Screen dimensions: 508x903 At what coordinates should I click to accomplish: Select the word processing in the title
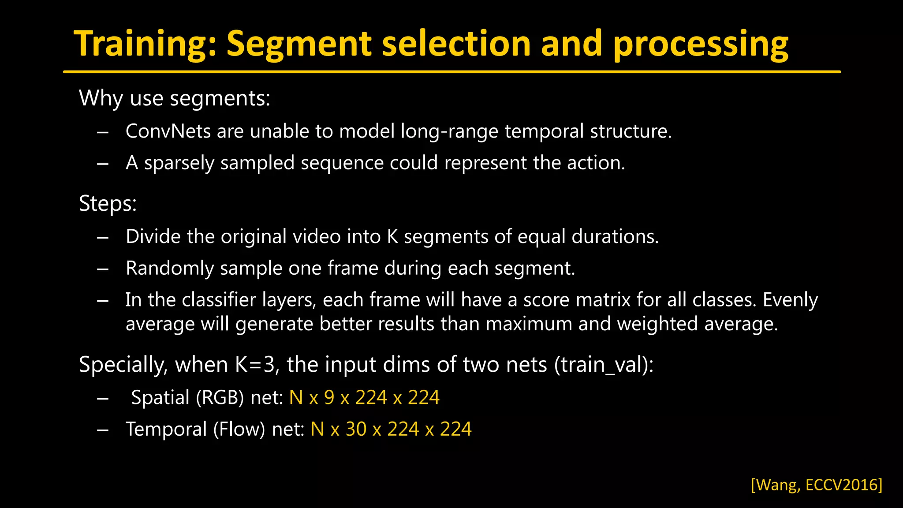click(x=701, y=44)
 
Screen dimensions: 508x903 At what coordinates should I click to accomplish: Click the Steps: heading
click(x=108, y=204)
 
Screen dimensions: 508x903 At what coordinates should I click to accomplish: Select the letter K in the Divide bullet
click(x=392, y=237)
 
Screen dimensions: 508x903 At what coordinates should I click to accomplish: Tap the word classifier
click(x=219, y=300)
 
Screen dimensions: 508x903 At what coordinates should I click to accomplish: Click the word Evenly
click(x=790, y=300)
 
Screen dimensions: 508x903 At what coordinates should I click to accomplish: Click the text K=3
click(x=257, y=365)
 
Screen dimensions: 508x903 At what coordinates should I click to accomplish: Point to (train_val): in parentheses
click(x=604, y=365)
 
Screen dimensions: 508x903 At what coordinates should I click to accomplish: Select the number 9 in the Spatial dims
click(x=329, y=398)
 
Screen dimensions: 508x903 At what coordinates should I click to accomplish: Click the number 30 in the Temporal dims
click(x=356, y=430)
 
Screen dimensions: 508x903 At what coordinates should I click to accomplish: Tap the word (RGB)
click(x=220, y=398)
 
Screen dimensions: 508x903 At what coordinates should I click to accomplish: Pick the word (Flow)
click(x=239, y=430)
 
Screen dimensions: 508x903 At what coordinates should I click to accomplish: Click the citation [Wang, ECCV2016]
click(x=817, y=485)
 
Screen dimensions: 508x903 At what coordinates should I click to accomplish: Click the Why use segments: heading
click(x=174, y=98)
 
